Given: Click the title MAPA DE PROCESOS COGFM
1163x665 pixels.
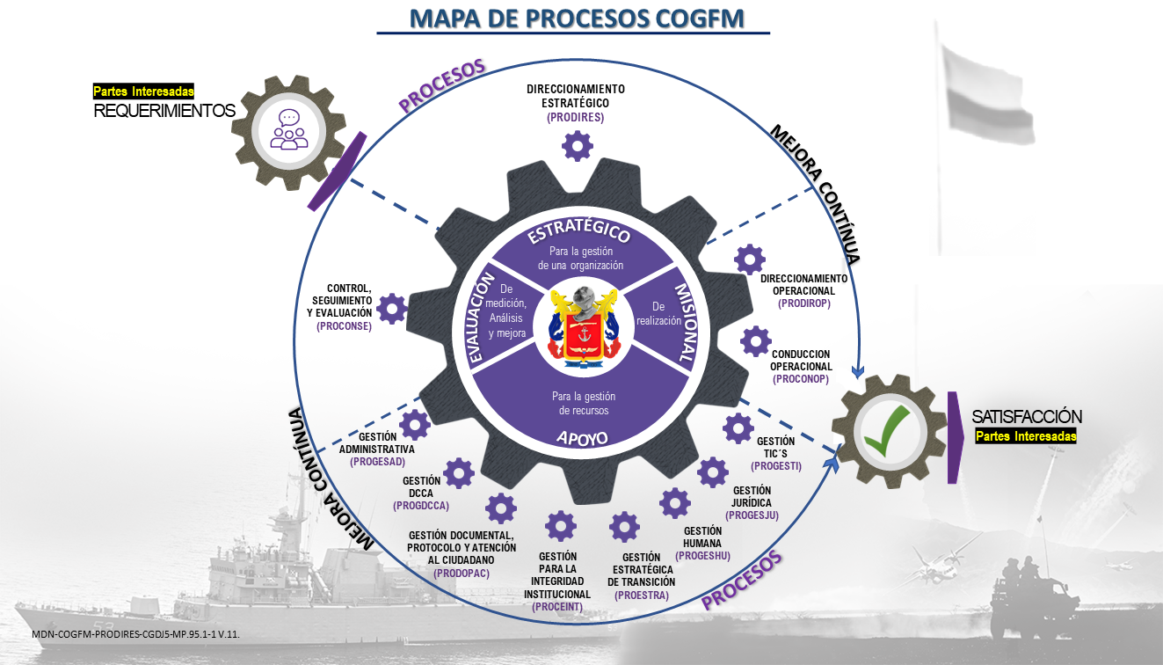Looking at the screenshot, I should point(573,18).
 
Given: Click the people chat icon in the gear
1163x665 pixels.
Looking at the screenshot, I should point(289,128).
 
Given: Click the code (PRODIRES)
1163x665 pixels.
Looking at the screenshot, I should point(575,116).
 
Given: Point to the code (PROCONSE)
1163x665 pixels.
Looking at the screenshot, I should point(345,325).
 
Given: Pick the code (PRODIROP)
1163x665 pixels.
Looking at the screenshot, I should point(803,303).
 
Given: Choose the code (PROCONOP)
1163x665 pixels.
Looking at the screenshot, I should point(801,379).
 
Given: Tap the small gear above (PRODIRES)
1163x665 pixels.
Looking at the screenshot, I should point(577,145).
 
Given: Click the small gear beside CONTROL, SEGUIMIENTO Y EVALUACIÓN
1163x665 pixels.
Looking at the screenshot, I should point(391,308).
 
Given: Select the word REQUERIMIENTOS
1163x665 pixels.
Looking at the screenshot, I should point(164,111).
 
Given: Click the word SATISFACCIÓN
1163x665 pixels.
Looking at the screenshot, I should point(1027,417).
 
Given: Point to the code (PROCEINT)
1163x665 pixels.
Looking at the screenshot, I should point(557,607).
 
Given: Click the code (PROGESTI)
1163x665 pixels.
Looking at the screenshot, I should point(775,465).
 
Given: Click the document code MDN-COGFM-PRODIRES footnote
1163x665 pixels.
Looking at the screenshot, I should point(135,633).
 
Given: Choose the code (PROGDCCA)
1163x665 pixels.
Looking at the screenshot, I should point(421,506).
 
